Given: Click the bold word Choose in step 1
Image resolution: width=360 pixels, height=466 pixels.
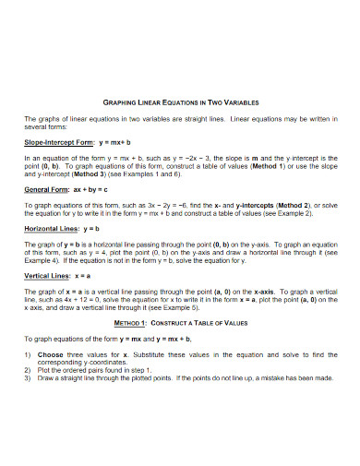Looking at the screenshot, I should (51, 353).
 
